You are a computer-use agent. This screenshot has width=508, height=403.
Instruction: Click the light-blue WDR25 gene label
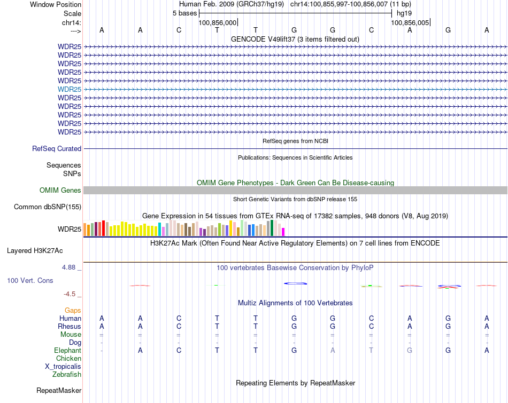(70, 89)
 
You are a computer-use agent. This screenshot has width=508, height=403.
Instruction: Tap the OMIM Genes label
(60, 190)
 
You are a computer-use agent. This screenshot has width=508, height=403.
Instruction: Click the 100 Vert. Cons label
(30, 280)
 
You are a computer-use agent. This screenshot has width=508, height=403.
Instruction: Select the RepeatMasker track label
(59, 391)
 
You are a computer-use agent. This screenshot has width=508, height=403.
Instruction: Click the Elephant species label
(67, 351)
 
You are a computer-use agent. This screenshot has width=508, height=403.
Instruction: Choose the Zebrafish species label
(67, 375)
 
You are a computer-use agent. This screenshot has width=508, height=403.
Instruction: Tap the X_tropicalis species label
(63, 367)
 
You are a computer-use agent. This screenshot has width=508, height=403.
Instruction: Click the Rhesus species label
(70, 327)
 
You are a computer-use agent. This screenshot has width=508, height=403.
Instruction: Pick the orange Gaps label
(73, 310)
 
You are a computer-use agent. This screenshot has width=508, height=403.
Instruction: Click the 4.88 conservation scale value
(70, 267)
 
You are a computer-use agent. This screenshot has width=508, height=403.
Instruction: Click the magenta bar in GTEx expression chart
(283, 232)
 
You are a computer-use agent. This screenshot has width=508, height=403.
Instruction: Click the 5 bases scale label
(184, 13)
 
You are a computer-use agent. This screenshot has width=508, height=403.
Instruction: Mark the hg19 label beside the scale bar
(404, 13)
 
